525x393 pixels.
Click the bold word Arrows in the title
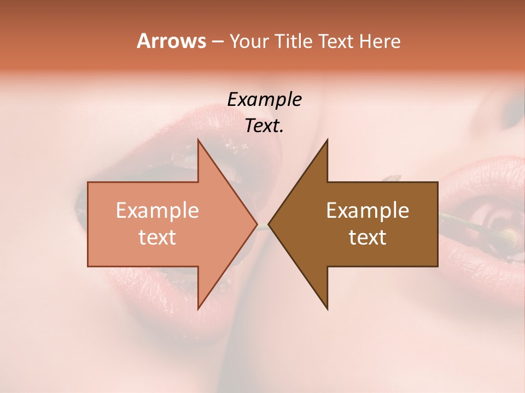coord(171,41)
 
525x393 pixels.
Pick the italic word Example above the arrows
coord(264,100)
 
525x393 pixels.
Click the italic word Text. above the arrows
coord(262,126)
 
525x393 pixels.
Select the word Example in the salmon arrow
coord(157,211)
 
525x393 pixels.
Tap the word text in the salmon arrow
coord(157,237)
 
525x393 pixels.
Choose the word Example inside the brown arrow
coord(367,211)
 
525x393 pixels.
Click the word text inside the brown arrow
coord(367,237)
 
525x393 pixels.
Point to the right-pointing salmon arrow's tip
coord(257,224)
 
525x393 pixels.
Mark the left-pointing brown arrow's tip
coord(269,224)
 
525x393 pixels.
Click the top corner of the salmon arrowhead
coord(198,140)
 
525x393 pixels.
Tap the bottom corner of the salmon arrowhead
coord(198,309)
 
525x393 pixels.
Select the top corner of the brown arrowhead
coord(327,140)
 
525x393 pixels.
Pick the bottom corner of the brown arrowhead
coord(327,309)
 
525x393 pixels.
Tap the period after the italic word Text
coord(282,131)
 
